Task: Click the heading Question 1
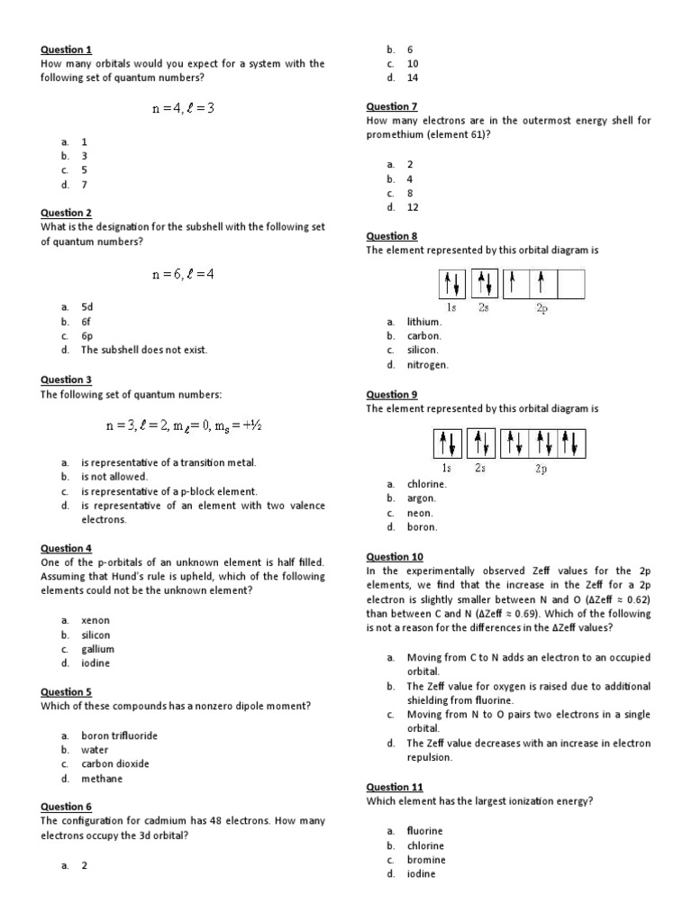coord(66,50)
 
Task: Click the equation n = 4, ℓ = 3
coord(183,108)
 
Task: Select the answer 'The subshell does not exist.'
coord(144,350)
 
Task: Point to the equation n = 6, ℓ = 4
coord(183,274)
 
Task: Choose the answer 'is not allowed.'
coord(114,476)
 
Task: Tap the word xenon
coord(95,620)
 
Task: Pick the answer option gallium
coord(97,649)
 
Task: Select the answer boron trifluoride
coord(119,736)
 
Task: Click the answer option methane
coord(102,778)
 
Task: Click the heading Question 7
coord(391,106)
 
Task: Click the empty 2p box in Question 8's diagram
coord(571,284)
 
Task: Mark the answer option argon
coord(421,498)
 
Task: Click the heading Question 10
coord(394,557)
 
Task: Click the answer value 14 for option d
coord(413,78)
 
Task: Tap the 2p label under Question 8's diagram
coord(541,308)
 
